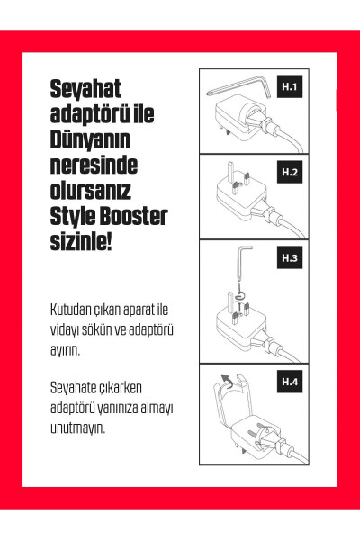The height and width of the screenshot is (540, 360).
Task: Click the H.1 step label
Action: click(x=289, y=88)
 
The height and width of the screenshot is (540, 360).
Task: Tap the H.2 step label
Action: click(x=289, y=171)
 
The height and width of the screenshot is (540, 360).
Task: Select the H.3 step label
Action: click(x=289, y=258)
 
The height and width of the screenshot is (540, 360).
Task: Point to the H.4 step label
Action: click(x=289, y=382)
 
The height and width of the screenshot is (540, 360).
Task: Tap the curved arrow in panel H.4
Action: click(x=226, y=382)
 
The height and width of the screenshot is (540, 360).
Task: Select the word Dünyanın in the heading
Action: click(x=90, y=141)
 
